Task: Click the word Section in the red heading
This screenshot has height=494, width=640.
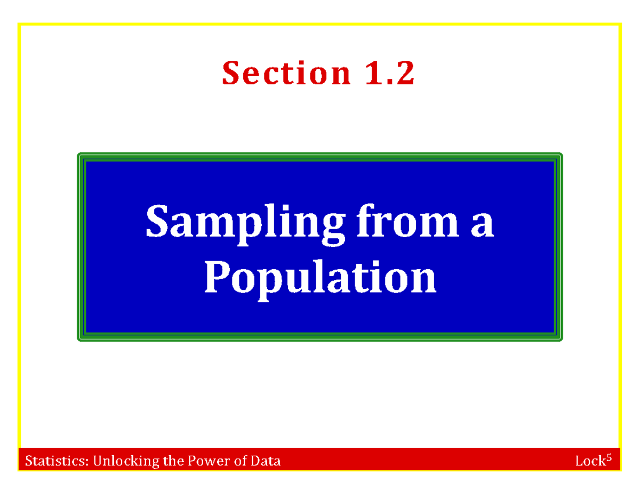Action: (x=286, y=74)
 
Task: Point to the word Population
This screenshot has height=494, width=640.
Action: (x=320, y=278)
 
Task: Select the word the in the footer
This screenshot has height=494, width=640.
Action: (x=173, y=461)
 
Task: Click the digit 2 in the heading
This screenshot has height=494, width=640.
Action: (x=405, y=74)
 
